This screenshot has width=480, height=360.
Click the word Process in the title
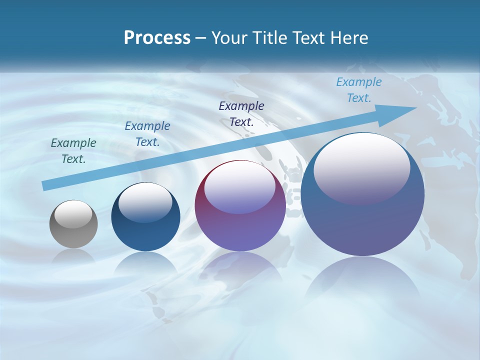coord(157,38)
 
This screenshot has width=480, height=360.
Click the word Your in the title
coord(228,38)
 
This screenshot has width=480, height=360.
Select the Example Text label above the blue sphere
coord(147,134)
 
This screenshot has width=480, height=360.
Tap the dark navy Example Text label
coord(241,113)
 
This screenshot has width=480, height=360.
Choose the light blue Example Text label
coord(359,90)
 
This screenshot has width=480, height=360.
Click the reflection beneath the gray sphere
coord(73,256)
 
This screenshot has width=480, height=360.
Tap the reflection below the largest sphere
coord(362,280)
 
